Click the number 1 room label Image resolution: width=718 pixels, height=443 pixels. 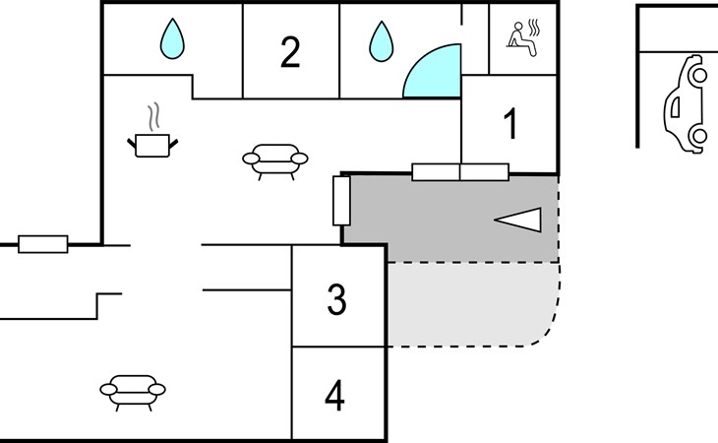(510, 123)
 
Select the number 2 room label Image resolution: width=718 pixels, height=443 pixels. (290, 52)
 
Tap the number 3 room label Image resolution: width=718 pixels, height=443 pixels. (336, 299)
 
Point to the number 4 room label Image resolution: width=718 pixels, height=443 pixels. (334, 396)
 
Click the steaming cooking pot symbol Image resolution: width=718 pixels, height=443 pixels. (152, 146)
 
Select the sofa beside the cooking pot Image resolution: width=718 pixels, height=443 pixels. (275, 161)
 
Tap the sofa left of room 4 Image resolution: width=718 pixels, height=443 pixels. (133, 393)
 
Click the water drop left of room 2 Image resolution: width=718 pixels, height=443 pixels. (172, 38)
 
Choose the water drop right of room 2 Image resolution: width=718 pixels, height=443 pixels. (381, 41)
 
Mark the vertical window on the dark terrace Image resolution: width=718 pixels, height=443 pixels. (341, 201)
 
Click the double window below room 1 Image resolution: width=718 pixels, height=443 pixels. (460, 172)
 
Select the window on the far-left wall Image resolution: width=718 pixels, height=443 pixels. (43, 244)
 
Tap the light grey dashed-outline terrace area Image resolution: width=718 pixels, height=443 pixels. (472, 304)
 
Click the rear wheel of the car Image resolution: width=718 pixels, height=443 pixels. (699, 136)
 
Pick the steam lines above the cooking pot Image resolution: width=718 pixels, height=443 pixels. (153, 117)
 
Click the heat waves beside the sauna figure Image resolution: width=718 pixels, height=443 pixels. (534, 28)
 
